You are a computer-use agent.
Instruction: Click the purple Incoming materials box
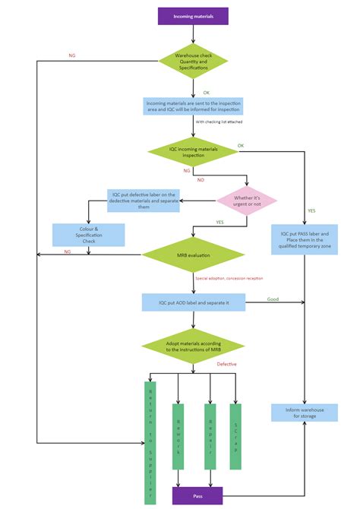pos(193,15)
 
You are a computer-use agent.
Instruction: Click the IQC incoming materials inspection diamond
pos(193,152)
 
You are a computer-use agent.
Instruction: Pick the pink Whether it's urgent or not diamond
pos(247,201)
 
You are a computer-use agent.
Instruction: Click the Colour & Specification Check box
pos(88,234)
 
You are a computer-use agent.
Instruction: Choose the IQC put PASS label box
pos(305,239)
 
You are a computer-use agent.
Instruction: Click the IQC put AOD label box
pos(193,302)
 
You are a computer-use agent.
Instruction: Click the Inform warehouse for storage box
pos(305,413)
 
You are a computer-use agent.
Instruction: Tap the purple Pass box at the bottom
pos(197,495)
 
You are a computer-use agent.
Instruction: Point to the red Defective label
pos(226,364)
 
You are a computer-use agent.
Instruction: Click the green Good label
pos(273,299)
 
